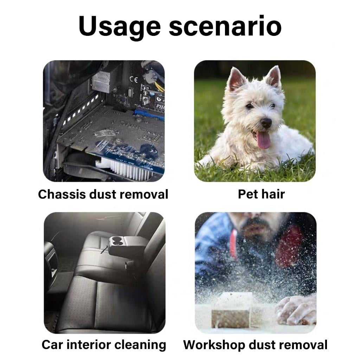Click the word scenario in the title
pos(225,26)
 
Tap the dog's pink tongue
pos(263,140)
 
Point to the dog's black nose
pos(266,123)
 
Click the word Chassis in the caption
pos(62,194)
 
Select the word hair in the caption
pos(274,194)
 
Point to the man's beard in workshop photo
pos(255,226)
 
